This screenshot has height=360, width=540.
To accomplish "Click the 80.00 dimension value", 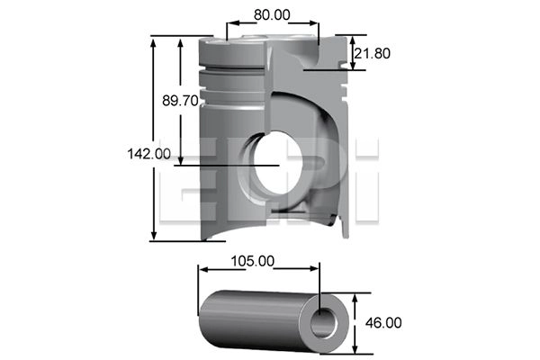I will click(272, 14).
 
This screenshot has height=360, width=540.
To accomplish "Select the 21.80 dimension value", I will click(371, 54).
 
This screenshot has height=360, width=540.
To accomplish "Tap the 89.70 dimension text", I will click(180, 101).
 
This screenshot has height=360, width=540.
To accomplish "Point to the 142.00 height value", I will click(148, 154).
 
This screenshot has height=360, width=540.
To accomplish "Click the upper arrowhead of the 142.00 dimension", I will click(155, 41).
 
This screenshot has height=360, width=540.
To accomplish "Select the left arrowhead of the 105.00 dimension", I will click(203, 268).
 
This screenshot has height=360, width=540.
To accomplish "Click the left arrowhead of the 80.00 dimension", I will click(230, 24).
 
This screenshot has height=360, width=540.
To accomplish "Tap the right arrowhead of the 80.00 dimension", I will click(314, 24).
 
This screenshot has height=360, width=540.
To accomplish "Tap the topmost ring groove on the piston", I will click(231, 66).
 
